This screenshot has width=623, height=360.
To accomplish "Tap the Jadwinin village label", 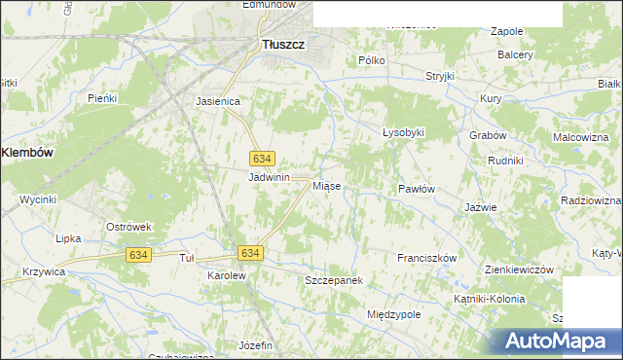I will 270,177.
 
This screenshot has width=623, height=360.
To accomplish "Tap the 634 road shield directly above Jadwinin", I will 261,158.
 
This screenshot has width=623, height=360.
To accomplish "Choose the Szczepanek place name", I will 334,280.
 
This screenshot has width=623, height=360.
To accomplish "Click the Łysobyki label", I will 404,131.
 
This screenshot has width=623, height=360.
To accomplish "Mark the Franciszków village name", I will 427,258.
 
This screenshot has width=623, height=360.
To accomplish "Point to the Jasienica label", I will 218,100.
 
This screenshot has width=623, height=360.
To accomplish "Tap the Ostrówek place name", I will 129,227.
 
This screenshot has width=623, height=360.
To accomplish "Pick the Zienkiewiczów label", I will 519,270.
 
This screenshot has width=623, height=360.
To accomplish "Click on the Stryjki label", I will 440,76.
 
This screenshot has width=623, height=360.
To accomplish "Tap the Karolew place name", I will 227,275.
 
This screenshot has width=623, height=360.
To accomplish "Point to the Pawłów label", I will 416,189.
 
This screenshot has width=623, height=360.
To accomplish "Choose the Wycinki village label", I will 38,199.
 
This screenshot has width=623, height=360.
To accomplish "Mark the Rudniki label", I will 506,160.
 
